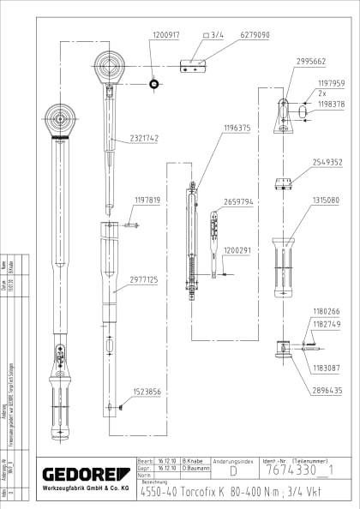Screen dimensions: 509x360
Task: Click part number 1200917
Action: [x=165, y=36]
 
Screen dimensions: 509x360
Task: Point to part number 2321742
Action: [x=144, y=138]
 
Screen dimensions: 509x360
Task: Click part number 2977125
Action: [x=145, y=278]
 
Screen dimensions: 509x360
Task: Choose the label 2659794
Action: [x=238, y=202]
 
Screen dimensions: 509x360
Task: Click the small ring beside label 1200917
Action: [x=154, y=83]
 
